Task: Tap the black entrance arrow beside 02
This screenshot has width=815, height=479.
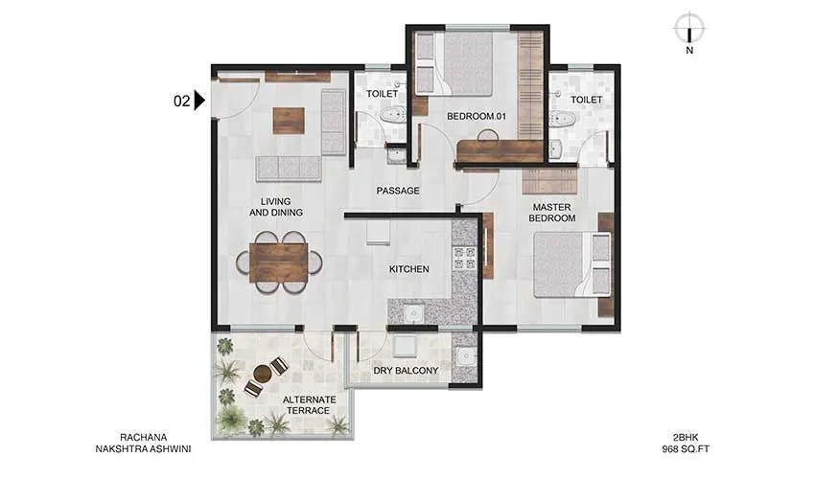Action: click(x=199, y=100)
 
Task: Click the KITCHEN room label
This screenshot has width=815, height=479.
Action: click(x=408, y=269)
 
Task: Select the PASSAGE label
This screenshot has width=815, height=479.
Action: click(x=398, y=191)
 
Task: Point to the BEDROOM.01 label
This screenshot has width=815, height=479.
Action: click(x=476, y=117)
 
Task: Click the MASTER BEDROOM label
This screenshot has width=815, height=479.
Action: click(x=553, y=212)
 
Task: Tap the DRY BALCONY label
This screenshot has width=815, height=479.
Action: click(x=407, y=371)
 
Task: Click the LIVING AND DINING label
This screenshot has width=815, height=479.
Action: click(x=276, y=207)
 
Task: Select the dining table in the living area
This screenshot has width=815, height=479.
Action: click(x=279, y=262)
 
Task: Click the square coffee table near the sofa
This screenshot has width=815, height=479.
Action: click(x=288, y=120)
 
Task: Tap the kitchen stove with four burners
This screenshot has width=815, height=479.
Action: click(x=464, y=258)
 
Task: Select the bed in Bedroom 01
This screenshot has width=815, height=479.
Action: click(x=467, y=64)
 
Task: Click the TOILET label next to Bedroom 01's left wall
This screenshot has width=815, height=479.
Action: click(x=383, y=94)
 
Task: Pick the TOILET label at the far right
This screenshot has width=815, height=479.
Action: click(x=586, y=100)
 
